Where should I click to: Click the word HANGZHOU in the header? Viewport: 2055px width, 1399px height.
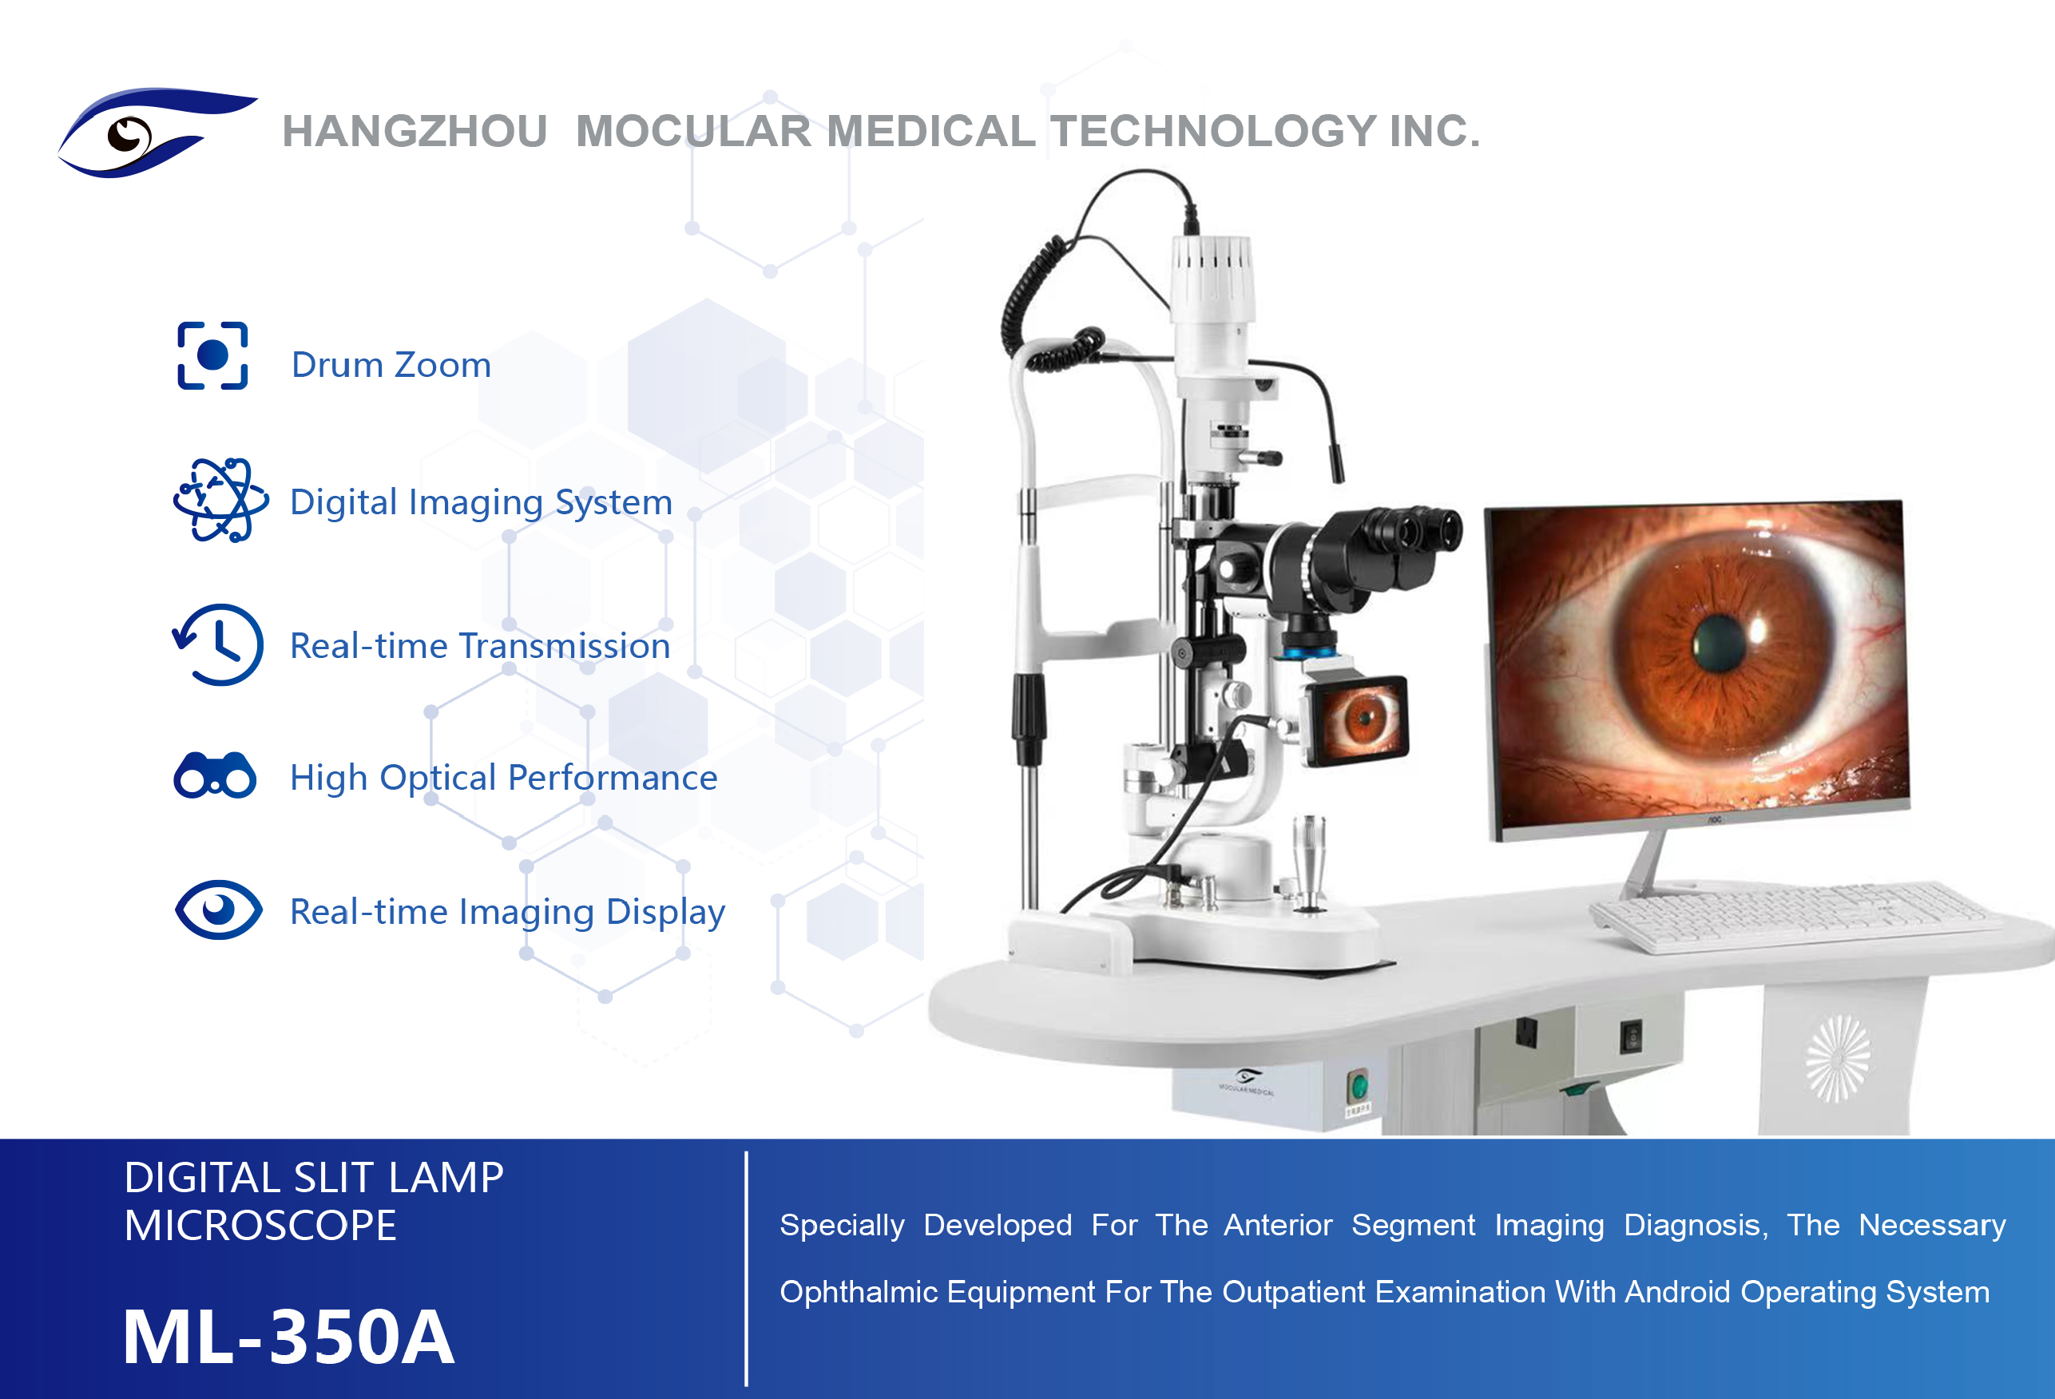coord(415,131)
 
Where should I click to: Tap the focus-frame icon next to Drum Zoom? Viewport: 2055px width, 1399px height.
coord(212,355)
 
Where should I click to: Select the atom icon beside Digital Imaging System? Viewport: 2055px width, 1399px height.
coord(220,500)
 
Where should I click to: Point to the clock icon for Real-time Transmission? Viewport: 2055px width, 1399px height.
coord(218,644)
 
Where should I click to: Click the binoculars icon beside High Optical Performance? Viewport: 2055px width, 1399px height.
coord(215,775)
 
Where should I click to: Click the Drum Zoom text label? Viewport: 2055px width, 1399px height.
coord(391,364)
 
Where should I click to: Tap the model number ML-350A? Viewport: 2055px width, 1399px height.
coord(288,1336)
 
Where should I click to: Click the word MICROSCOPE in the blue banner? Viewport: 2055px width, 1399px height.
coord(260,1226)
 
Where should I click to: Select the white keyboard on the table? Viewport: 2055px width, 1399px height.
coord(1795,915)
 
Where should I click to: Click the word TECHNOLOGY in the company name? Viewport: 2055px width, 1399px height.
coord(1213,131)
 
